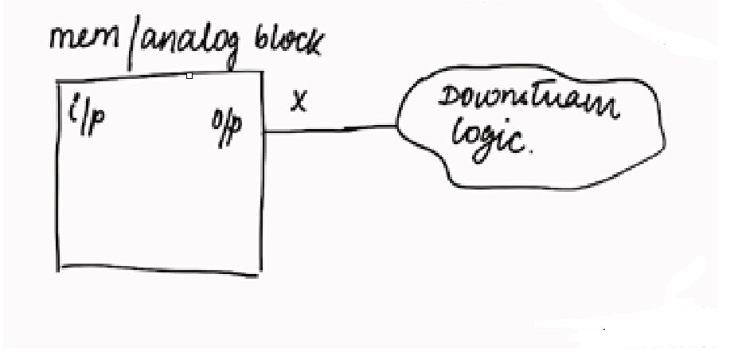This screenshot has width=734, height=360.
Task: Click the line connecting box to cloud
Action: pyautogui.click(x=330, y=129)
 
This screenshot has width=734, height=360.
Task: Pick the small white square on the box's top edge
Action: pyautogui.click(x=189, y=76)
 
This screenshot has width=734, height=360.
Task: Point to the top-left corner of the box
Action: pyautogui.click(x=57, y=81)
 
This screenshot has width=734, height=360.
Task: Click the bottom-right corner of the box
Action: pyautogui.click(x=260, y=274)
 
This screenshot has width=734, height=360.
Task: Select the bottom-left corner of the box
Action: pyautogui.click(x=58, y=268)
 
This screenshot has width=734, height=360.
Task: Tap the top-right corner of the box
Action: pyautogui.click(x=261, y=72)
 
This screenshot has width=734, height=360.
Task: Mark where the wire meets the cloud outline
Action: pyautogui.click(x=396, y=126)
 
